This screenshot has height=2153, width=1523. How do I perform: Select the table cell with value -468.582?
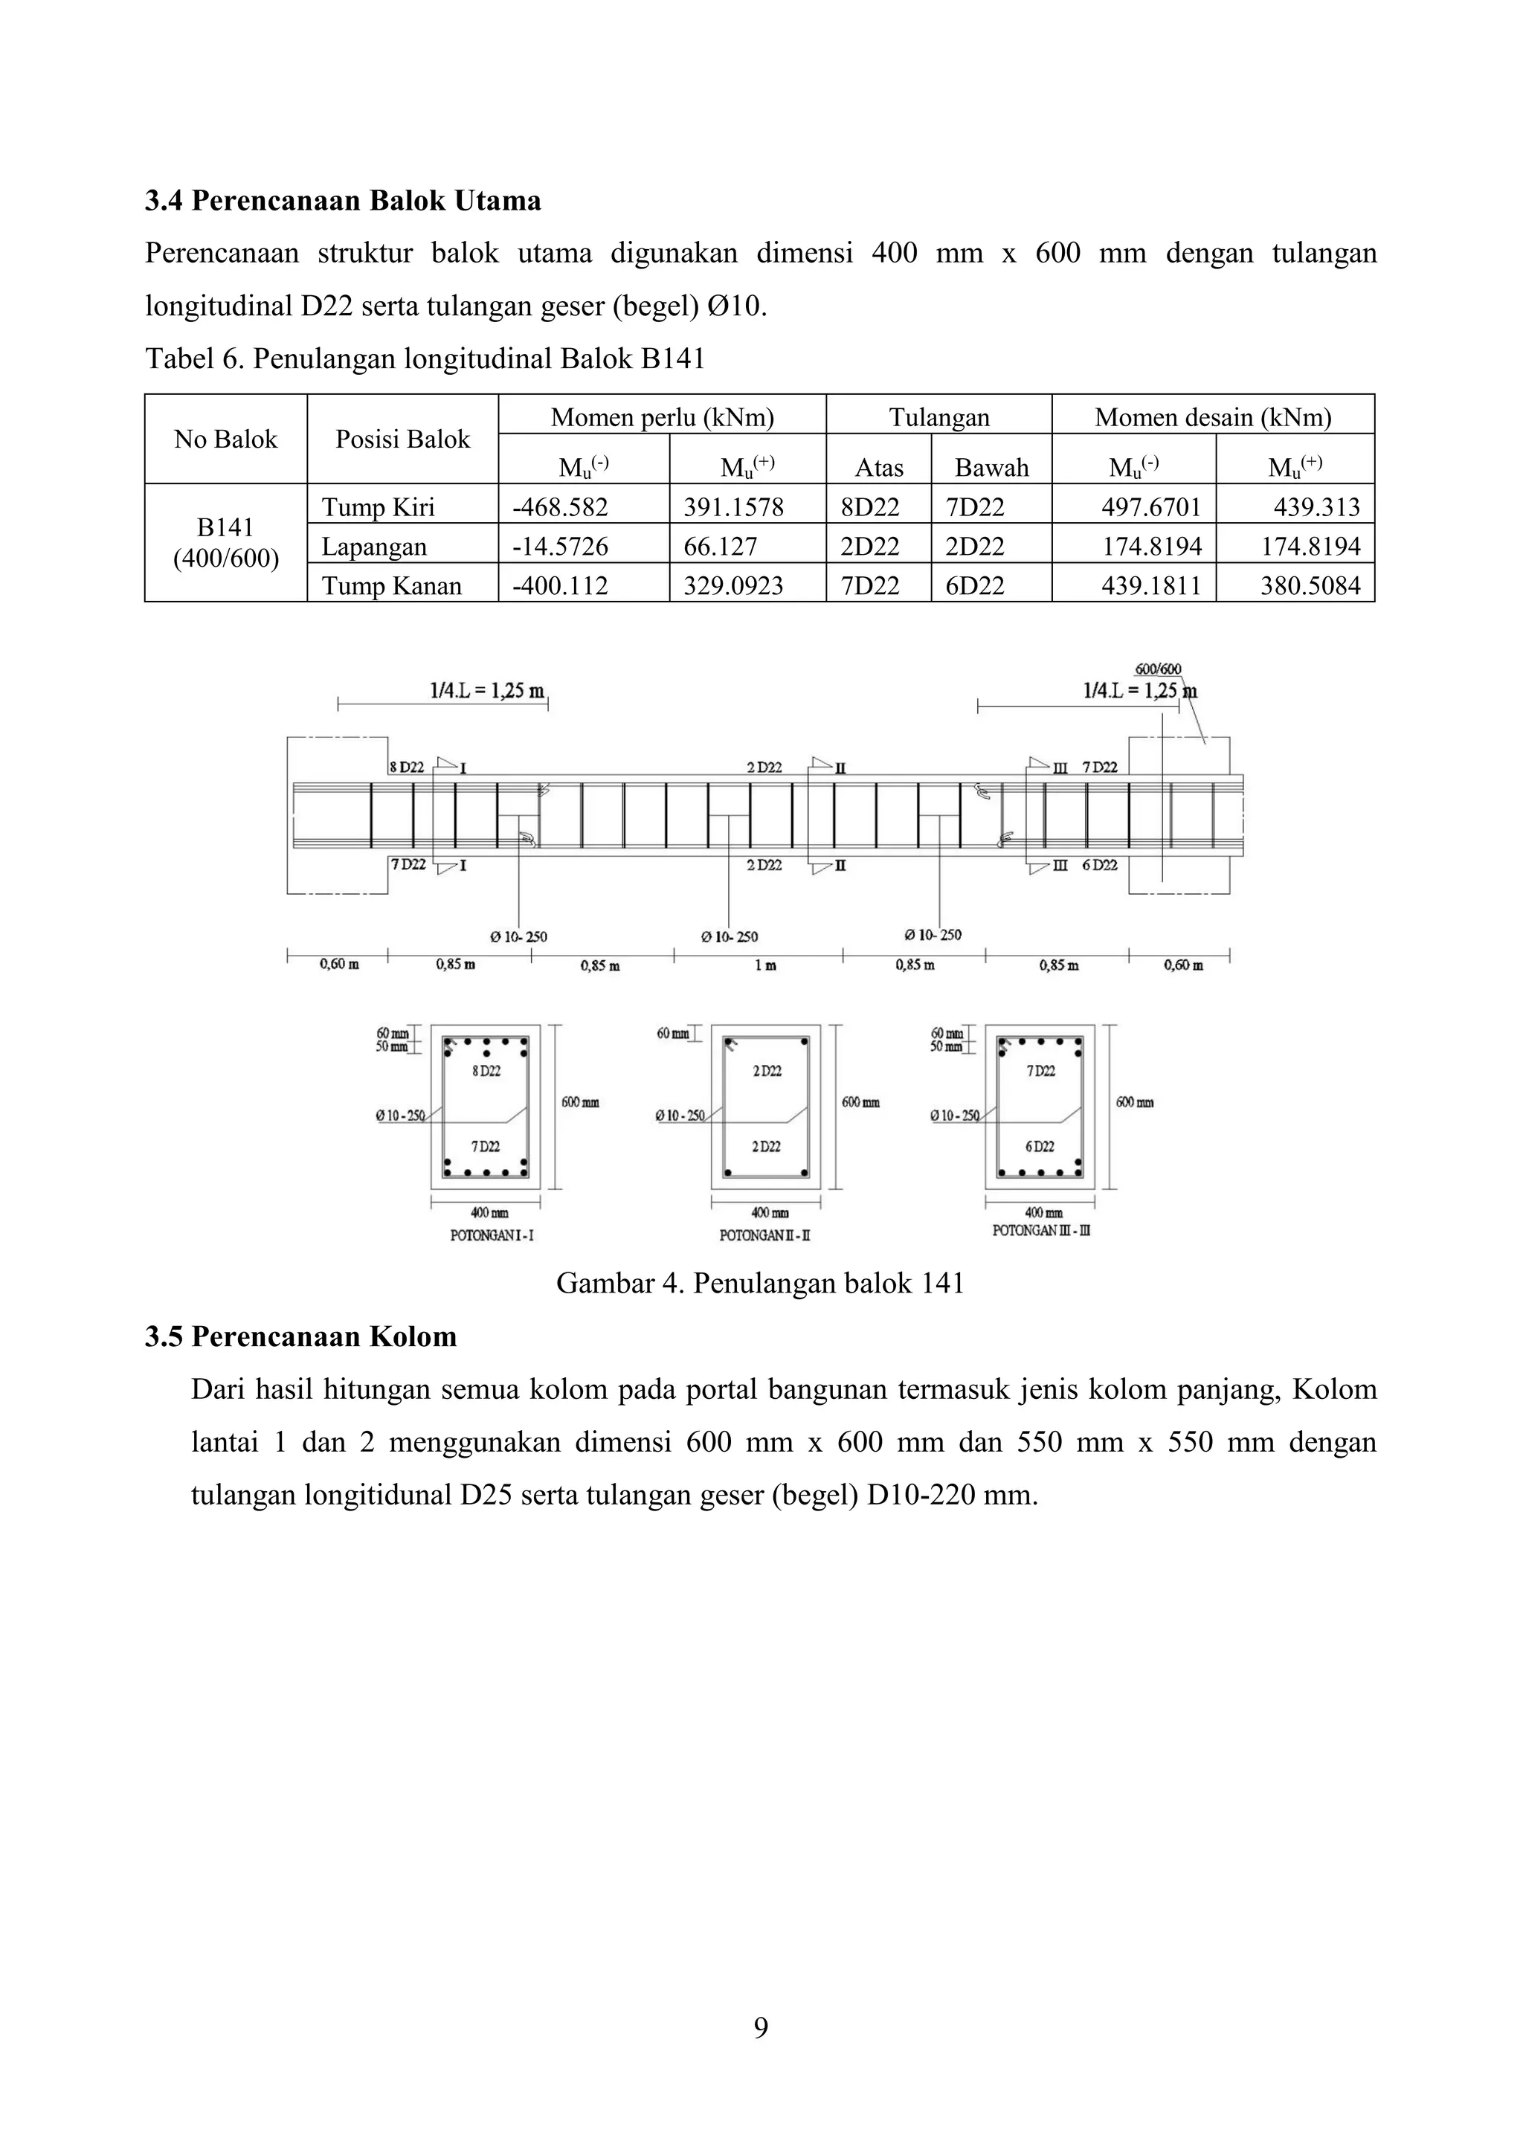tap(560, 507)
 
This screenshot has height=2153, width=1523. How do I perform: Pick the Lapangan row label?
tap(374, 547)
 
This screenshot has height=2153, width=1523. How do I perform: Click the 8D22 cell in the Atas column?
tap(869, 507)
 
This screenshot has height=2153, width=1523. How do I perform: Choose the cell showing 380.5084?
tap(1310, 586)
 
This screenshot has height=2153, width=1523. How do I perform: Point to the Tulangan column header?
tap(938, 417)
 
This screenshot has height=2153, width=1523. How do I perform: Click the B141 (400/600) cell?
tap(226, 543)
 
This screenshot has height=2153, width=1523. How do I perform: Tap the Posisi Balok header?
tap(402, 439)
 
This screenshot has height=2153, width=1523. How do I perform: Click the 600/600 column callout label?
tap(1158, 669)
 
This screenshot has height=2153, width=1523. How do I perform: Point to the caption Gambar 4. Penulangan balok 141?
tap(761, 1283)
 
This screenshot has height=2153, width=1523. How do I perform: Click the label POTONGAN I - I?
tap(492, 1236)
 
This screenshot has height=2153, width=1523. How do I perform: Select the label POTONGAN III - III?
tap(1041, 1230)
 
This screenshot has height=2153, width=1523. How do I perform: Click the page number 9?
tap(761, 2028)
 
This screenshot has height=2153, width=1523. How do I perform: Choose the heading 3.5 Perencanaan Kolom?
tap(301, 1336)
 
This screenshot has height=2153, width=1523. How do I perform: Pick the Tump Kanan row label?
tap(391, 586)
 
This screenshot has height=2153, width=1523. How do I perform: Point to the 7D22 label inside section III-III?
tap(1041, 1071)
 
